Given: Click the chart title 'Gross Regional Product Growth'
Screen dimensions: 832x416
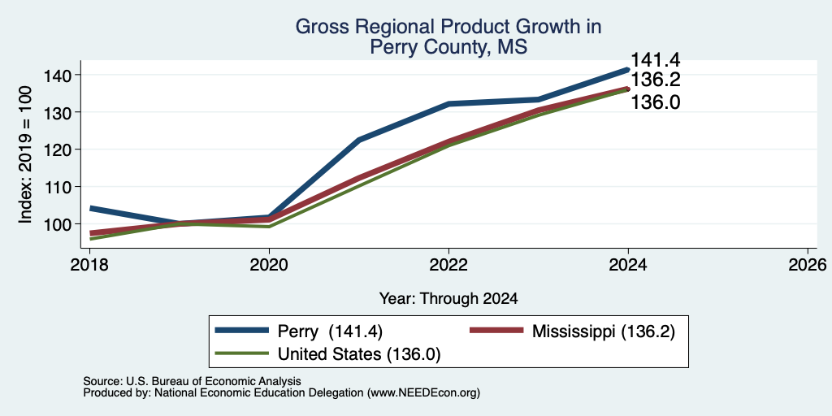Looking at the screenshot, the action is click(x=448, y=27).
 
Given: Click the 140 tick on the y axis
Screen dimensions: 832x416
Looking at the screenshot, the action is click(x=56, y=76).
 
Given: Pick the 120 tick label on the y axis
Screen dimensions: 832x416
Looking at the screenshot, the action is click(x=56, y=149).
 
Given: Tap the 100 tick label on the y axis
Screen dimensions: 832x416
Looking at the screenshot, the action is click(x=56, y=224).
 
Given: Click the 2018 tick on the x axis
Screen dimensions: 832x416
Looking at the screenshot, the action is click(x=89, y=264).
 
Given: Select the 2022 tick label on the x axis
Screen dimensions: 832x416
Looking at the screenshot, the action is click(x=448, y=264).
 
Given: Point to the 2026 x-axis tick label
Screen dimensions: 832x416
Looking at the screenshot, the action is click(x=808, y=264).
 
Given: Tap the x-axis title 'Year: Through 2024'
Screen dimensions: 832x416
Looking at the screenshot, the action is click(x=448, y=299).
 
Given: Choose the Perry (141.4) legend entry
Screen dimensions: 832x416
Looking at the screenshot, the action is click(x=330, y=331).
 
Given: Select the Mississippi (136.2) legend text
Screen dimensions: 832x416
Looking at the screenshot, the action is click(x=604, y=331).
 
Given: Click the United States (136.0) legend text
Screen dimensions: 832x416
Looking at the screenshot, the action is click(x=358, y=354).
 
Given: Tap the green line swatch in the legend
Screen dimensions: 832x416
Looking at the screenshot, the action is click(x=241, y=353).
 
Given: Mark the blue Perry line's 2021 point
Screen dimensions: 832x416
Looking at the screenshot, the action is click(x=359, y=140).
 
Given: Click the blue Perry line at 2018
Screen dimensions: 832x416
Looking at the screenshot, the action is click(x=91, y=209).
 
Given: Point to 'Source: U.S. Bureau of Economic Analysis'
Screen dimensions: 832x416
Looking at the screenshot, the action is click(x=192, y=381).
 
